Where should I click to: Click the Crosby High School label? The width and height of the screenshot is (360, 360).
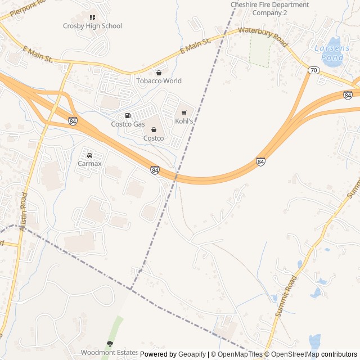click(x=92, y=26)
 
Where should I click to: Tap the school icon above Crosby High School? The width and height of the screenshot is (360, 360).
click(x=92, y=17)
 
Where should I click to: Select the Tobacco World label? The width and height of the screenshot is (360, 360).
click(x=159, y=81)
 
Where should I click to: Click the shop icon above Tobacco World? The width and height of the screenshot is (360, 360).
click(x=159, y=73)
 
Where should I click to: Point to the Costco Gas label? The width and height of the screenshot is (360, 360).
click(x=128, y=124)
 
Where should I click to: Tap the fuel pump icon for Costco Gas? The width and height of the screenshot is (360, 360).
click(x=128, y=116)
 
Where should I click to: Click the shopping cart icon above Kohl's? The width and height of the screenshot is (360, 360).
click(x=184, y=112)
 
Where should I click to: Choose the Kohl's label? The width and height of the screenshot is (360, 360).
click(x=184, y=121)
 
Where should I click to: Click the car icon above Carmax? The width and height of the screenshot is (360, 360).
click(x=89, y=155)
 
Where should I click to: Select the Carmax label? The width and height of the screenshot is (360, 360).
click(x=89, y=164)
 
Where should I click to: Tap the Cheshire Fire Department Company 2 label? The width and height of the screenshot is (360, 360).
click(x=270, y=8)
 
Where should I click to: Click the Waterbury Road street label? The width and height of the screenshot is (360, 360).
click(x=263, y=37)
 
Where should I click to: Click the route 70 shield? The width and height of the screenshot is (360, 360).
click(x=313, y=69)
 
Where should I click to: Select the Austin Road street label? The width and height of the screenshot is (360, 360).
click(x=23, y=211)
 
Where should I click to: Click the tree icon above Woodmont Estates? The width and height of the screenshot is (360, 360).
click(x=110, y=344)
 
